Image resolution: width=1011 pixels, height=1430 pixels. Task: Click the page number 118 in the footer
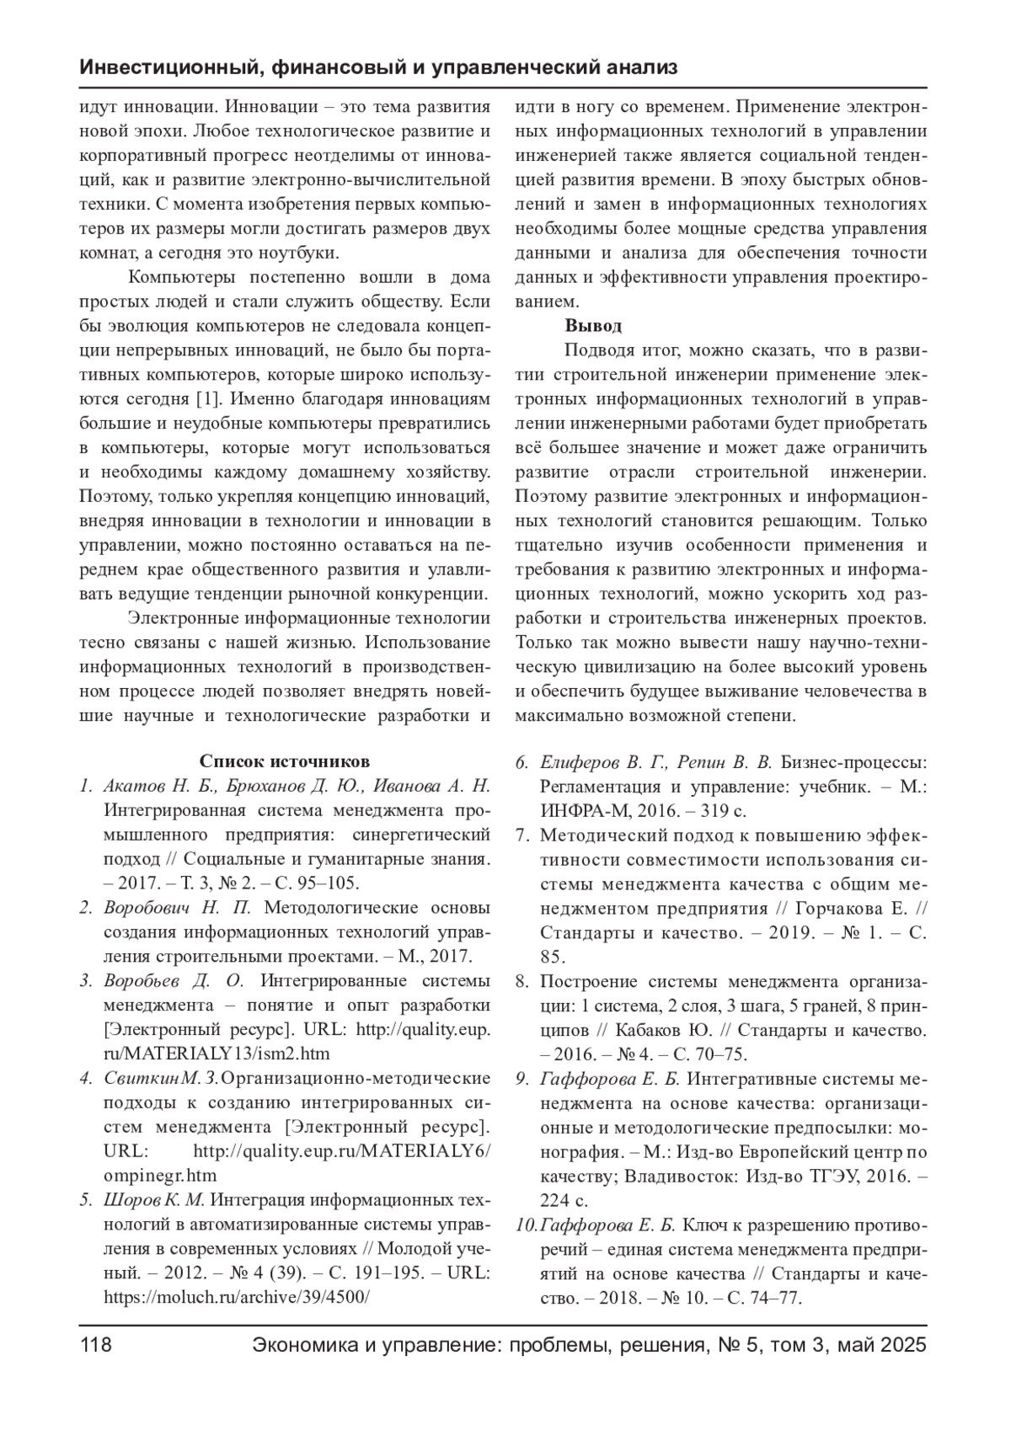coord(95,1345)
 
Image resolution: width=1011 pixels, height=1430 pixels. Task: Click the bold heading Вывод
coord(593,326)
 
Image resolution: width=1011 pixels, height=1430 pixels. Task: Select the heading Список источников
coord(284,762)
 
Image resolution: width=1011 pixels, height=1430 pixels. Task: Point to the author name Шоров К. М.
coord(155,1200)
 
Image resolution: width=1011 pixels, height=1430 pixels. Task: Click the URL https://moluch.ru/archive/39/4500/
coord(237,1297)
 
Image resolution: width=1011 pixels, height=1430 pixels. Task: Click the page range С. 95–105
coord(318,883)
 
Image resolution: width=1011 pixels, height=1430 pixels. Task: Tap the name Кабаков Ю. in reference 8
coord(665,1030)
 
